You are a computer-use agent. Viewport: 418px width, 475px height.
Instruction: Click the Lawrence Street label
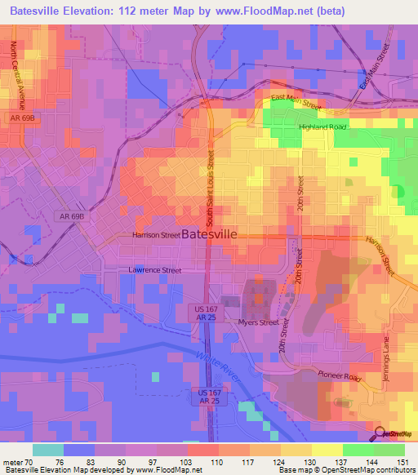tap(153, 269)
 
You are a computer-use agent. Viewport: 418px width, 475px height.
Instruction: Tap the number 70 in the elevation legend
tap(29, 462)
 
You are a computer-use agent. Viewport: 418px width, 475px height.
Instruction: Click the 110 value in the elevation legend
tap(195, 462)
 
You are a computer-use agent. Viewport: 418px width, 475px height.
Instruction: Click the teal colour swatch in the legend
tap(47, 450)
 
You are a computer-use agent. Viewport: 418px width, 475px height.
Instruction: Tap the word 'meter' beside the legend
tap(11, 462)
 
